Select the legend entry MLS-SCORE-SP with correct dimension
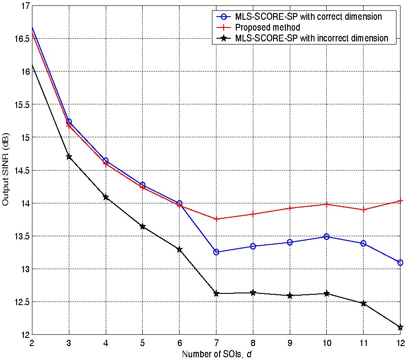coord(308,17)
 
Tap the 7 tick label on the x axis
coord(216,342)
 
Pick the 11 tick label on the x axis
coord(363,342)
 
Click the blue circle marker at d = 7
coord(216,252)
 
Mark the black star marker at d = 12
coord(400,327)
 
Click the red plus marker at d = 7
coord(216,219)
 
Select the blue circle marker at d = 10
coord(327,236)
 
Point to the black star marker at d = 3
coord(69,157)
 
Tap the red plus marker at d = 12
coord(400,201)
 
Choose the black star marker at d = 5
coord(143,226)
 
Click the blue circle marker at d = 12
coord(400,262)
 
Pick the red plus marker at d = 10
coord(327,204)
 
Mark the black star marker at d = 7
coord(216,293)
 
